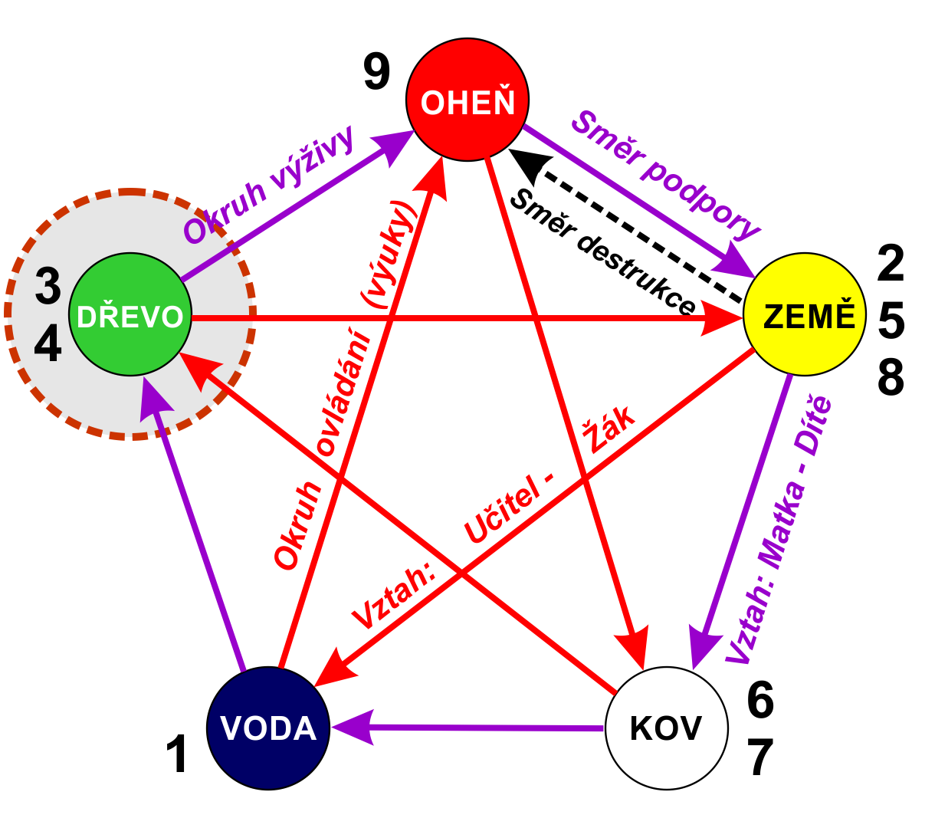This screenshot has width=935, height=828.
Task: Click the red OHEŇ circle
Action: point(467,100)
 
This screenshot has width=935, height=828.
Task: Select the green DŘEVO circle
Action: point(130,314)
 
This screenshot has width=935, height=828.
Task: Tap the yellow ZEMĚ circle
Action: point(805,314)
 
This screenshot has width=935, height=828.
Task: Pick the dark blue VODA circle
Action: point(268,728)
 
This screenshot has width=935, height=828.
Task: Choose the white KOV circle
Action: point(667,728)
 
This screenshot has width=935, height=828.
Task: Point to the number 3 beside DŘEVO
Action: point(48,286)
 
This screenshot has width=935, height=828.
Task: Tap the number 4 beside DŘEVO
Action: point(48,343)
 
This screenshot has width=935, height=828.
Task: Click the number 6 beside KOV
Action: point(760,700)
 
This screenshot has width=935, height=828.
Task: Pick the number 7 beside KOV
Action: point(760,757)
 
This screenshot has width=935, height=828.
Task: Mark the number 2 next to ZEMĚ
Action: point(891,263)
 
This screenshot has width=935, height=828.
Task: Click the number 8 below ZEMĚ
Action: point(891,377)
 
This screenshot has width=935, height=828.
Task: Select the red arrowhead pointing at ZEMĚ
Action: point(721,317)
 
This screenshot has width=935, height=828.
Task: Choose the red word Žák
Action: point(609,429)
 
